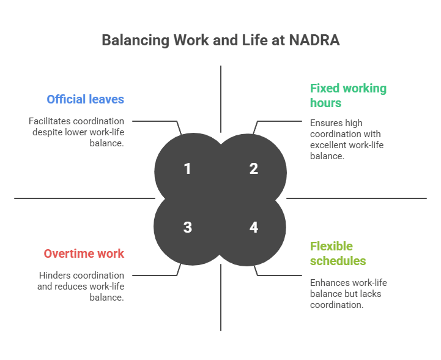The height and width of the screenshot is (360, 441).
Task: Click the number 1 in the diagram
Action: (187, 168)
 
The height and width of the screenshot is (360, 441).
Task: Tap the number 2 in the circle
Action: (254, 168)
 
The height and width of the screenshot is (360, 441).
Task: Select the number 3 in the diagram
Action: (187, 228)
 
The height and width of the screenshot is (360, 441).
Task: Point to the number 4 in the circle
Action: (254, 228)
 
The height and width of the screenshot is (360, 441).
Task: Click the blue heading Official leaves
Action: (85, 99)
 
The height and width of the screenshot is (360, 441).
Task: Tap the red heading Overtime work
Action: (84, 253)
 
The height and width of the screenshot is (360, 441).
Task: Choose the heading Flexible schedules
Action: (338, 253)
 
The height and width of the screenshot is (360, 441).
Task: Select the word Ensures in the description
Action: (327, 123)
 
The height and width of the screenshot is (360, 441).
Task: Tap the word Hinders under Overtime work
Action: (56, 276)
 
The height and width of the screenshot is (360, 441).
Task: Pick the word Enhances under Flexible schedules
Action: (331, 283)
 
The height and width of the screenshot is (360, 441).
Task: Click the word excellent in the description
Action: (328, 145)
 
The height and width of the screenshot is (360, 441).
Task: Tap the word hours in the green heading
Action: (326, 103)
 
